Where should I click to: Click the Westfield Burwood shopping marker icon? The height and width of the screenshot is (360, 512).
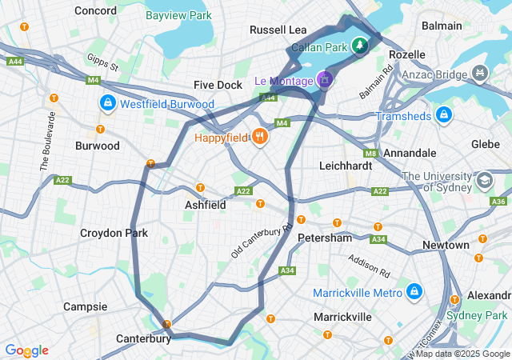coord(107,104)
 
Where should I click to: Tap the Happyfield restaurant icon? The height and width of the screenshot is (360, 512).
coord(259,137)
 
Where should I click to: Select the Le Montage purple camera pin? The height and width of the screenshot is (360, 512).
coord(324,79)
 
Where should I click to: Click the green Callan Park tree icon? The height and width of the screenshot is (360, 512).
coord(361,46)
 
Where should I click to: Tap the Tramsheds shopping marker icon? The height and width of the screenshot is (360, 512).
coord(445,115)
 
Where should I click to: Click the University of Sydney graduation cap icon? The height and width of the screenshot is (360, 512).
coord(484,181)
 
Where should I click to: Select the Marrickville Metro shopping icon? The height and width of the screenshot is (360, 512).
coord(414,292)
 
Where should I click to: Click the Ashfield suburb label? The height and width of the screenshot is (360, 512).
coord(205,205)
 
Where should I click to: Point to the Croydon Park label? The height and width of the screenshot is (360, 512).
coord(114,233)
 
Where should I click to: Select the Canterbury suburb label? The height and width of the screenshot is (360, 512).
coord(143,338)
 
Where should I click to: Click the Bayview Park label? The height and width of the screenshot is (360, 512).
coord(180,15)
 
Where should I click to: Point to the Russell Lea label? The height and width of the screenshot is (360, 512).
coord(278,30)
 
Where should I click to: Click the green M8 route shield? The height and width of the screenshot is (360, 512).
coord(370,153)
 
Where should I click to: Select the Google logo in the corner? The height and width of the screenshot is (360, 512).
coord(26,350)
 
